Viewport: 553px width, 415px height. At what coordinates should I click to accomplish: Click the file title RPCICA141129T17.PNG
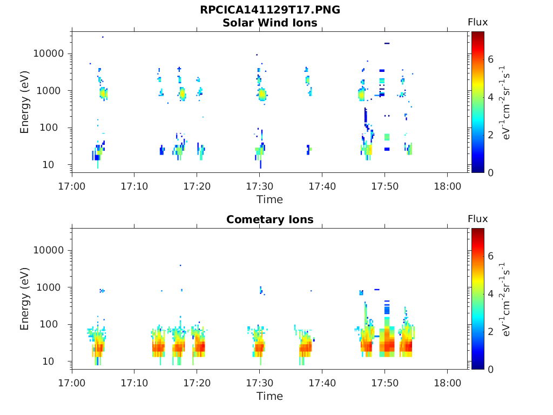pyautogui.click(x=269, y=10)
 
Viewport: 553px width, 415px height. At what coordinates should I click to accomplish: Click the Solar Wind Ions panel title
pyautogui.click(x=269, y=23)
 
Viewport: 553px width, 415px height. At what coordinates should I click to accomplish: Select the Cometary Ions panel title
pyautogui.click(x=269, y=219)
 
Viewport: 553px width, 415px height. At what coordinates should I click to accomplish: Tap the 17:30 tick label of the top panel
pyautogui.click(x=259, y=186)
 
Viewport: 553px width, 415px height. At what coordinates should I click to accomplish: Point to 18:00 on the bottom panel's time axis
pyautogui.click(x=447, y=383)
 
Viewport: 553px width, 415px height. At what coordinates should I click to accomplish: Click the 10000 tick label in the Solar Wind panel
pyautogui.click(x=49, y=53)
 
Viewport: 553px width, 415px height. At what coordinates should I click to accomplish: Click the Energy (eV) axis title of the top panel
pyautogui.click(x=25, y=102)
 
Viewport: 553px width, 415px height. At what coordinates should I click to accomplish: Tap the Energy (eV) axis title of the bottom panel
pyautogui.click(x=25, y=299)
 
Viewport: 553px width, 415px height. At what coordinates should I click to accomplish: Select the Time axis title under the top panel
pyautogui.click(x=269, y=199)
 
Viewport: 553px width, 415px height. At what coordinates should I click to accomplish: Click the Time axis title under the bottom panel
pyautogui.click(x=269, y=396)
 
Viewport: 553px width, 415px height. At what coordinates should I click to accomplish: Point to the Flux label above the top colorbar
pyautogui.click(x=477, y=22)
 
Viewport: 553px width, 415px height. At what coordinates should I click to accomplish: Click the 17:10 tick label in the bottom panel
pyautogui.click(x=134, y=383)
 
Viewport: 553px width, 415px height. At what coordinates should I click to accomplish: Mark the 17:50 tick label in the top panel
pyautogui.click(x=385, y=186)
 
